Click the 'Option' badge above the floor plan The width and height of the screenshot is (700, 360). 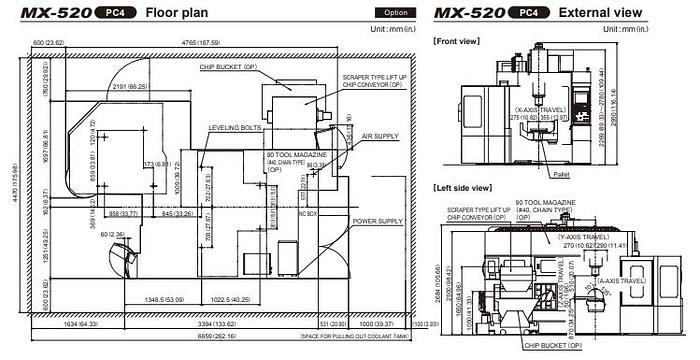385,14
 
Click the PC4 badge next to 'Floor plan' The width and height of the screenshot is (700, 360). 114,14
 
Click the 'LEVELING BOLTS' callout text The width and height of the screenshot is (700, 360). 235,128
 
